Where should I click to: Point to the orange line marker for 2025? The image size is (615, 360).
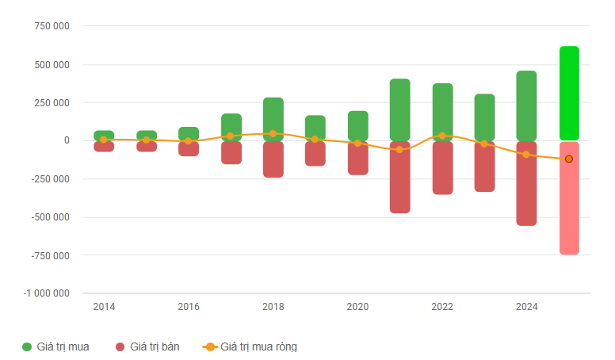point(569,159)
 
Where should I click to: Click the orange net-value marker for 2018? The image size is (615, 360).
point(273,134)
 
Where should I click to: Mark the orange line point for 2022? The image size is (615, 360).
point(442,136)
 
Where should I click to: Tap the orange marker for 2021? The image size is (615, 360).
point(400,150)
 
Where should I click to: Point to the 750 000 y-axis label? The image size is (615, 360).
point(52,26)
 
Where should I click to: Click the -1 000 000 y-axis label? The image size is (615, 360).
point(47,293)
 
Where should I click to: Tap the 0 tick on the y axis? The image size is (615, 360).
point(67,140)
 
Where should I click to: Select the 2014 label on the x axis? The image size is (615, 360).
point(104,307)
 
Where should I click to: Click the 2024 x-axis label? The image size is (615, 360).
point(527,307)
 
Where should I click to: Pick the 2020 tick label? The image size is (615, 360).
point(357,307)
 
